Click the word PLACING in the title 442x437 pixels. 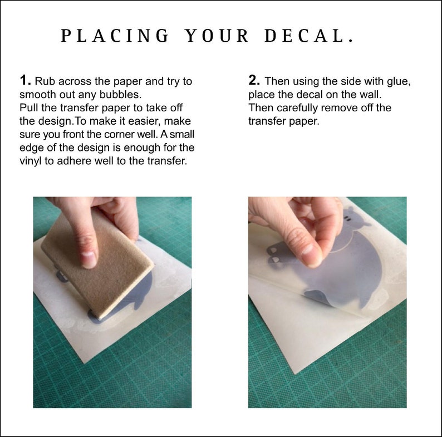(x=115, y=36)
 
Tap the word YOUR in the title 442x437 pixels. (x=217, y=36)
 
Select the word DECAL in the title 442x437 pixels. (x=305, y=36)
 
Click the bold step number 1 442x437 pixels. (x=25, y=80)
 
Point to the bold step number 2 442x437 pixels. (x=254, y=80)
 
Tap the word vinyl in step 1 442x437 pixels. (x=31, y=161)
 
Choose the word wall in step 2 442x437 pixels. (x=371, y=95)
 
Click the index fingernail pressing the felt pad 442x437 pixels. (x=89, y=259)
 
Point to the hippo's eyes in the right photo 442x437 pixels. (x=348, y=219)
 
